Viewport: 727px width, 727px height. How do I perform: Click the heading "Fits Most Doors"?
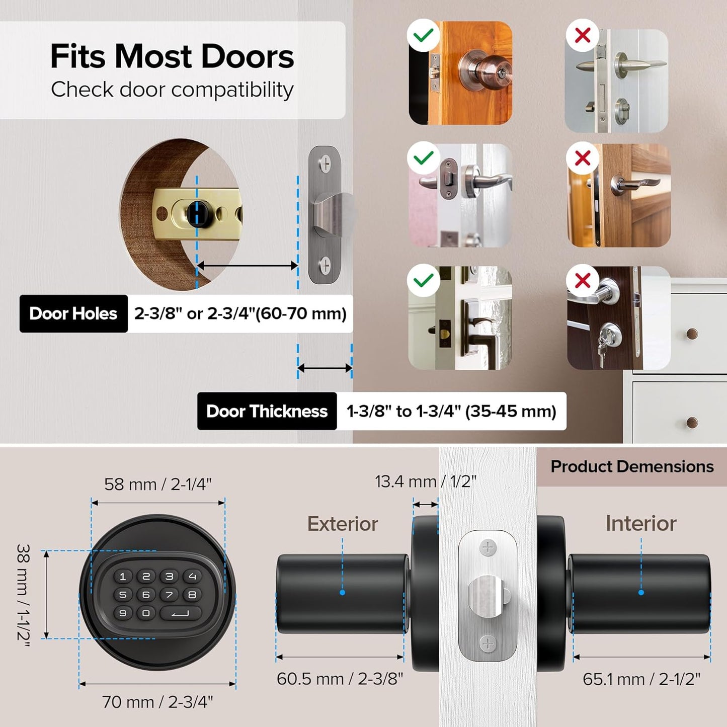(x=172, y=56)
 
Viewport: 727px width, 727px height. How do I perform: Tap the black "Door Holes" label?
(x=73, y=313)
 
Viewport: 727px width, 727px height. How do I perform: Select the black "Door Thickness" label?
(x=267, y=411)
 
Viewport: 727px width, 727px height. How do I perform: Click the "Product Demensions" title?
(x=632, y=466)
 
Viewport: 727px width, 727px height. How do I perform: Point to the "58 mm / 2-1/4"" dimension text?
(x=158, y=484)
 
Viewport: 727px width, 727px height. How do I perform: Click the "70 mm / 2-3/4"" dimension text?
(x=157, y=701)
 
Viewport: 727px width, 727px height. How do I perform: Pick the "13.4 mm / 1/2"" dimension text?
(x=425, y=481)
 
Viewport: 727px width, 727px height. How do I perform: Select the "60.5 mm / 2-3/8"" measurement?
(x=340, y=679)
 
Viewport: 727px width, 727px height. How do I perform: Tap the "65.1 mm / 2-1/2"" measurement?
(x=641, y=679)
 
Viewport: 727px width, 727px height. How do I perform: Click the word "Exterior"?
(x=343, y=524)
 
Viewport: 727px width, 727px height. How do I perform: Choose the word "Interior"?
(x=641, y=523)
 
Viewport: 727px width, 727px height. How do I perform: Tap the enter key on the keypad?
(x=181, y=613)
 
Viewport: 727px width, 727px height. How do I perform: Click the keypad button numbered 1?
(x=123, y=577)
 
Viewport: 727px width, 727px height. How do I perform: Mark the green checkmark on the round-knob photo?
(x=423, y=35)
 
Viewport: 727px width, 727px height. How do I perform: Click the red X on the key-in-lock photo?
(x=583, y=280)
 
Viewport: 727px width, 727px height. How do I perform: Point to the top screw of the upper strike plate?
(x=325, y=163)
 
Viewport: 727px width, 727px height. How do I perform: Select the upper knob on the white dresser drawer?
(x=692, y=334)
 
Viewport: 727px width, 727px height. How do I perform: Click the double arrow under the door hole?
(x=247, y=265)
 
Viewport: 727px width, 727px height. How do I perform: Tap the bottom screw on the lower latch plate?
(x=488, y=642)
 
